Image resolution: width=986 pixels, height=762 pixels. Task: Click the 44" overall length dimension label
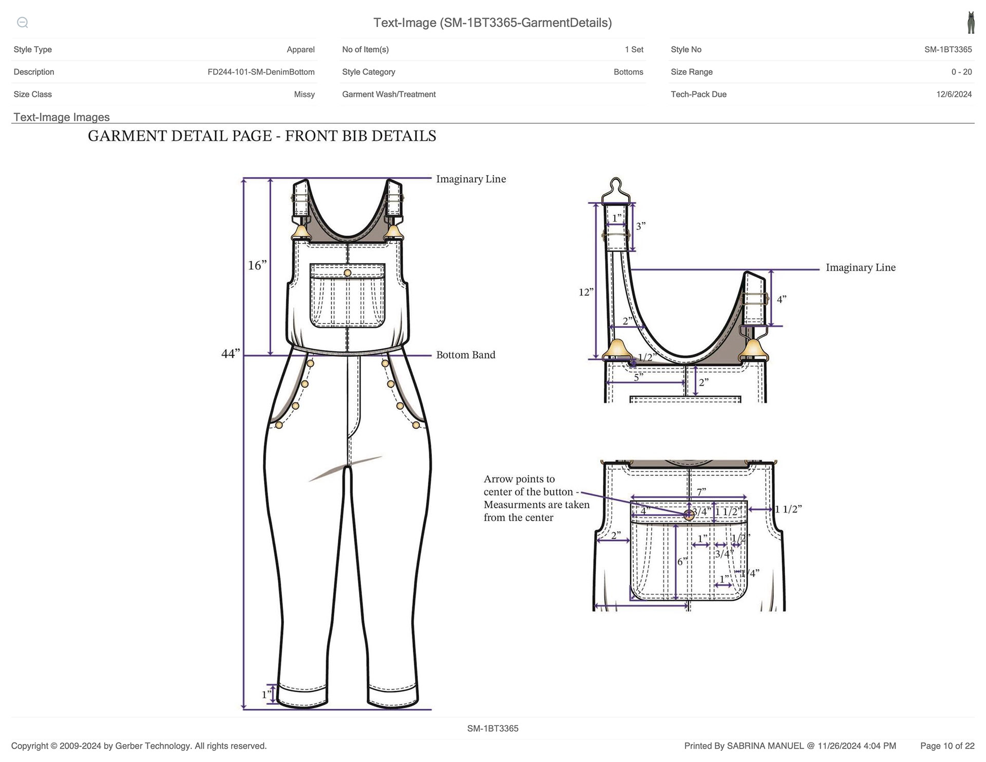pyautogui.click(x=231, y=353)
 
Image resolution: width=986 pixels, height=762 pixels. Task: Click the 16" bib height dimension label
pyautogui.click(x=257, y=265)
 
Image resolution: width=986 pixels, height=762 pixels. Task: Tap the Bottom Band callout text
pyautogui.click(x=466, y=355)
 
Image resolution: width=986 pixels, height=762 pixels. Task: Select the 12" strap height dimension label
pyautogui.click(x=586, y=292)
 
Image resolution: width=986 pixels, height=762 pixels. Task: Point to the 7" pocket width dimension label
pyautogui.click(x=701, y=491)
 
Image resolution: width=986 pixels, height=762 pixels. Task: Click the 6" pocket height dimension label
pyautogui.click(x=682, y=561)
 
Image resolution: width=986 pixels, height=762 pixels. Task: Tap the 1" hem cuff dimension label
pyautogui.click(x=267, y=695)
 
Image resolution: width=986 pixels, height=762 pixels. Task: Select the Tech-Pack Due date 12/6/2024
pyautogui.click(x=954, y=94)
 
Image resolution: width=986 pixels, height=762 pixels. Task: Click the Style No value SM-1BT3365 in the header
pyautogui.click(x=948, y=50)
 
